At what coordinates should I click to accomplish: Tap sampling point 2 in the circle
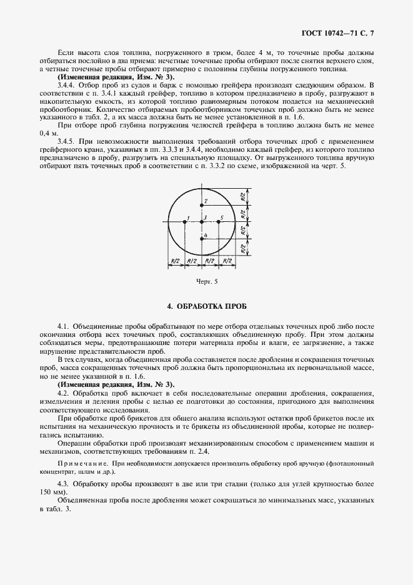(x=202, y=204)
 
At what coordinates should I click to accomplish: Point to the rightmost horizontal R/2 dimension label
(x=227, y=260)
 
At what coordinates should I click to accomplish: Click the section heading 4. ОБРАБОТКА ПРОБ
(x=206, y=307)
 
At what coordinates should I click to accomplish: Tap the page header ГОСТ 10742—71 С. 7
(x=347, y=31)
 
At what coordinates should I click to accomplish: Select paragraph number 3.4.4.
(x=66, y=84)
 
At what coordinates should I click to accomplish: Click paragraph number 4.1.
(x=62, y=326)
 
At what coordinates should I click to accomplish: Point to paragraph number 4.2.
(x=62, y=392)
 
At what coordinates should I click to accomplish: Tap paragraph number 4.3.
(x=62, y=484)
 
